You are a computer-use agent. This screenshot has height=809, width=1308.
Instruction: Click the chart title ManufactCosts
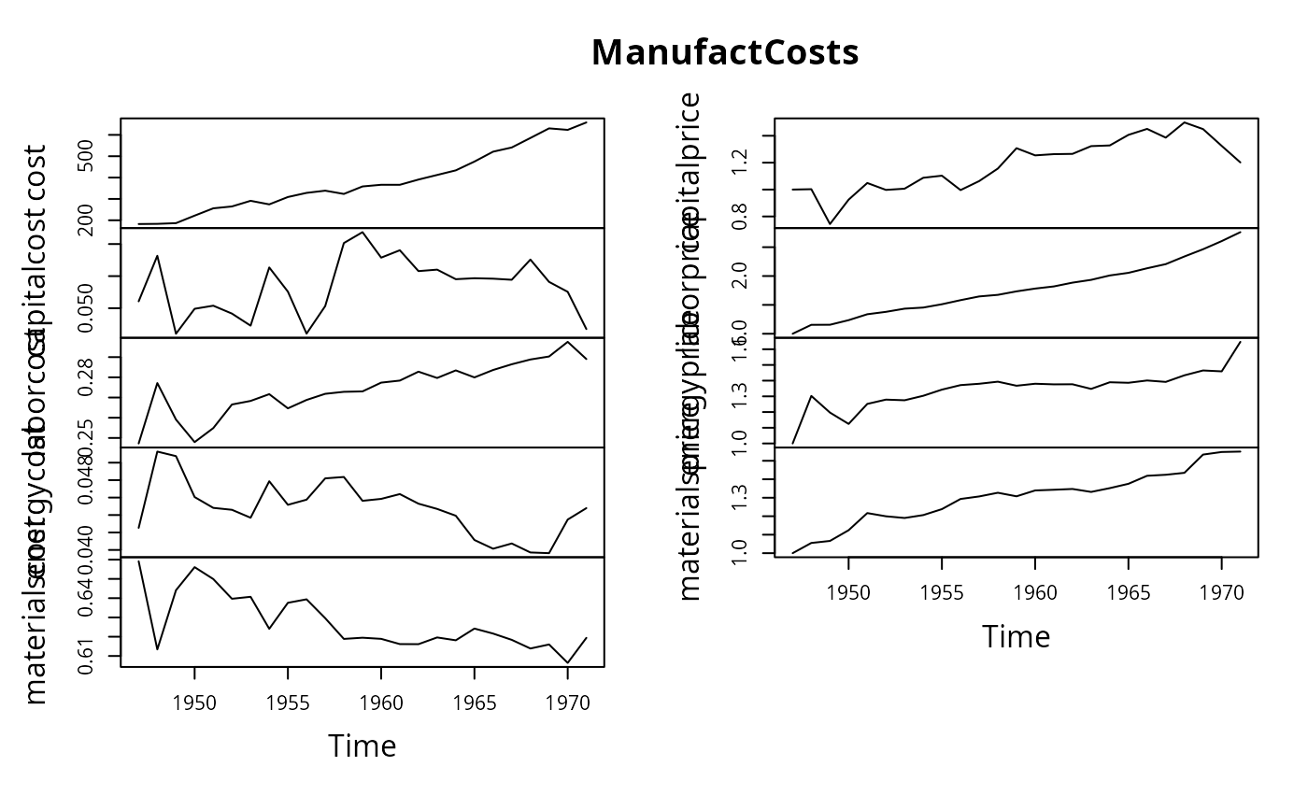point(725,53)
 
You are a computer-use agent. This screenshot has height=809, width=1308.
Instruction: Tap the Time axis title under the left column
point(362,746)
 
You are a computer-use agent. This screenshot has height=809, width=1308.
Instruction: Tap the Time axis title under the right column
point(1016,636)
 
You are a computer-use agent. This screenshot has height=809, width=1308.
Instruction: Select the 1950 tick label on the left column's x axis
point(194,702)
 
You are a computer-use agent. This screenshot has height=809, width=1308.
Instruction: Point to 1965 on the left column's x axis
point(475,702)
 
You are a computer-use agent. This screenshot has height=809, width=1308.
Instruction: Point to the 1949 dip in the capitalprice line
point(830,224)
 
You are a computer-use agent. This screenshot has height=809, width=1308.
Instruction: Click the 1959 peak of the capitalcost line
point(363,232)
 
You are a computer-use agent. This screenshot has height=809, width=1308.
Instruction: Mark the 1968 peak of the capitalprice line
point(1185,122)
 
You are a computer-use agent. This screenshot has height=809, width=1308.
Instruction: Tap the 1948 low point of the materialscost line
point(157,649)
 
